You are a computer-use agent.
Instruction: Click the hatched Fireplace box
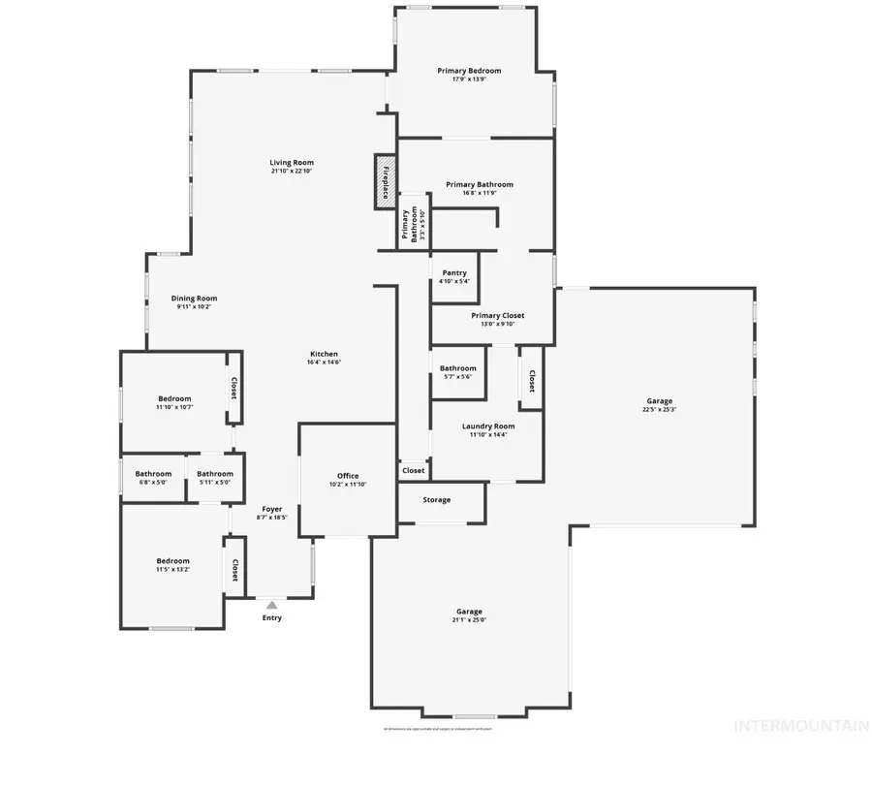tap(385, 181)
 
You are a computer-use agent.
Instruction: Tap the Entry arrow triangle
tap(272, 605)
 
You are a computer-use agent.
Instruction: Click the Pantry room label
tap(453, 273)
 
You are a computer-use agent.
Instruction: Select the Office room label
tap(348, 476)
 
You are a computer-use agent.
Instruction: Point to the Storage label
tap(437, 500)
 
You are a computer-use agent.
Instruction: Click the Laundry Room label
tap(488, 426)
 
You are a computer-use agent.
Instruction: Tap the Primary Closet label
tap(498, 315)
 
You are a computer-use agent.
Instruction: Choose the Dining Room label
tap(194, 299)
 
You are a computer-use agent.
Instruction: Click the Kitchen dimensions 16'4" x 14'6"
tap(324, 362)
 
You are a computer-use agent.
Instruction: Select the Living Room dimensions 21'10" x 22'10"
tap(292, 172)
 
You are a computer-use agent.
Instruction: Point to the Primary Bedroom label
tap(469, 71)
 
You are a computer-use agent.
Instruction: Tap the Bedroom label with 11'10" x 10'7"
tap(175, 398)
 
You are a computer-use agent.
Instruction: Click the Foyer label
tap(272, 509)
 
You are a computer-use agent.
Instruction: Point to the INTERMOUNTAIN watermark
tap(801, 725)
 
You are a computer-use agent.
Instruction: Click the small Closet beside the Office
tap(414, 471)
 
